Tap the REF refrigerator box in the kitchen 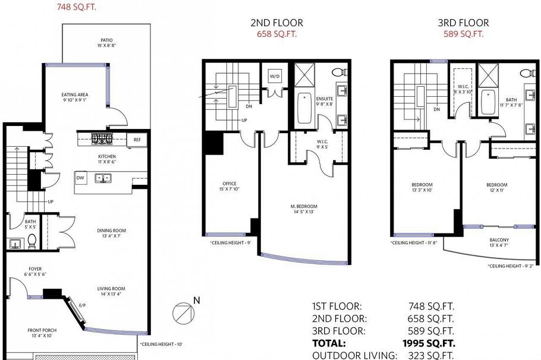tap(137, 140)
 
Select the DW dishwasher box tap(80, 177)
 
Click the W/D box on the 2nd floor tap(275, 77)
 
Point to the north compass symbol tap(183, 311)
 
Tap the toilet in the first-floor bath tap(32, 241)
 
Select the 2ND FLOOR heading tap(276, 23)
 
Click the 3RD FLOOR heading tap(463, 23)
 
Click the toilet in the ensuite tap(338, 72)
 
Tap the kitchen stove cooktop tap(100, 140)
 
